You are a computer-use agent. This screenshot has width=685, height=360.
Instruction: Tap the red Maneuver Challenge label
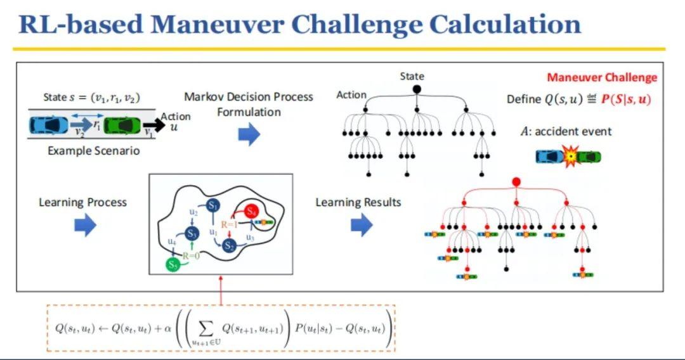pos(602,78)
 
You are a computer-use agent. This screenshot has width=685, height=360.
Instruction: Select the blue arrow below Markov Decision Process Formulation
pos(249,134)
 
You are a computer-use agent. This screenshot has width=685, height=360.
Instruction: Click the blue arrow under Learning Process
pos(85,225)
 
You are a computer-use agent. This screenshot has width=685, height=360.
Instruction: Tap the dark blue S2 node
pos(230,245)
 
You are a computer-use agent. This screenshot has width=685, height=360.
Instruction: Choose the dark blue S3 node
pos(193,234)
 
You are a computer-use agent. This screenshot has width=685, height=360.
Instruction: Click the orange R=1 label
pos(229,224)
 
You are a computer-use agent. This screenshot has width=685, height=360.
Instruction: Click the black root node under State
pos(417,89)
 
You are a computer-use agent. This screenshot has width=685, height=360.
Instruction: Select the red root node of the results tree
pos(516,183)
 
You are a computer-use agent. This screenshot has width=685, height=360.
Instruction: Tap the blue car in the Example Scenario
pos(48,125)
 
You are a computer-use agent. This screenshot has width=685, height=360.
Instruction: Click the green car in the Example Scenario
pos(122,125)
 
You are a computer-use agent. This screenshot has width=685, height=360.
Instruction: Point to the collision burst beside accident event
pos(570,155)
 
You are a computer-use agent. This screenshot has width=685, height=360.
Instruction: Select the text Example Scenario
pos(93,151)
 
